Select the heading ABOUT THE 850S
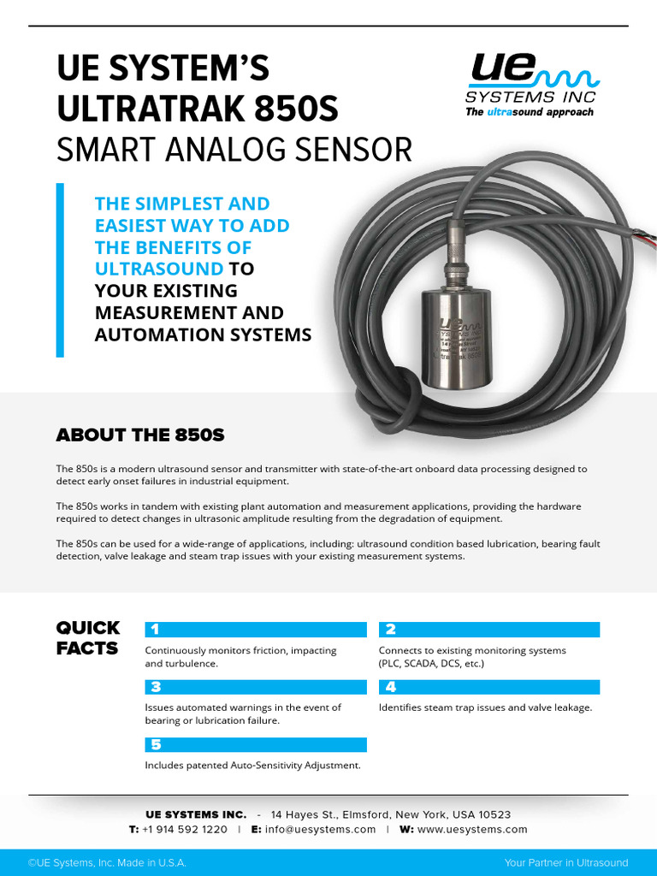140,435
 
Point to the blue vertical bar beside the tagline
60,269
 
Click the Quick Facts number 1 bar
256,630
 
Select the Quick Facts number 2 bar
488,630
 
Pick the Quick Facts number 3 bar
256,687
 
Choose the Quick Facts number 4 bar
488,687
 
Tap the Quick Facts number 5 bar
256,744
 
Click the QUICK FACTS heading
87,638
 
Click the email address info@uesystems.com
320,829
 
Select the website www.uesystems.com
472,829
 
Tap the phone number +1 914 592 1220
185,829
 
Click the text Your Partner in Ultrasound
566,862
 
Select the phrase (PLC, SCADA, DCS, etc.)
431,664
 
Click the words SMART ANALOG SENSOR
234,151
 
